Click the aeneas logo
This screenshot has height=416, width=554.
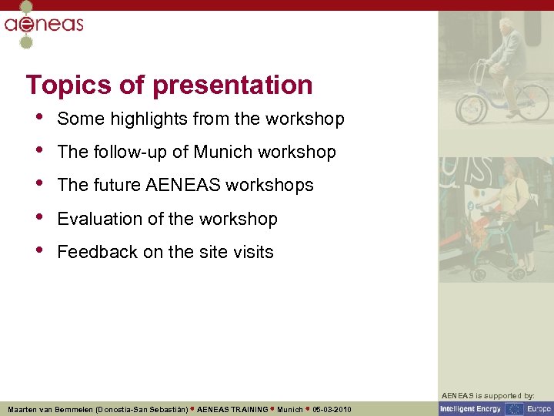point(44,25)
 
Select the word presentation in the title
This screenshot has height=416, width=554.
point(232,85)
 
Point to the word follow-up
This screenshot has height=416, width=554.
point(129,152)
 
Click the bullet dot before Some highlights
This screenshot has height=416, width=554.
point(39,118)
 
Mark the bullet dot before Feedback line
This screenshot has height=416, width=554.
point(39,251)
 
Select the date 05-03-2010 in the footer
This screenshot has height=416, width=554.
point(332,409)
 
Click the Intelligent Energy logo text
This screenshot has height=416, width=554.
point(471,409)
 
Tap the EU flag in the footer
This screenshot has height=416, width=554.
point(513,409)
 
